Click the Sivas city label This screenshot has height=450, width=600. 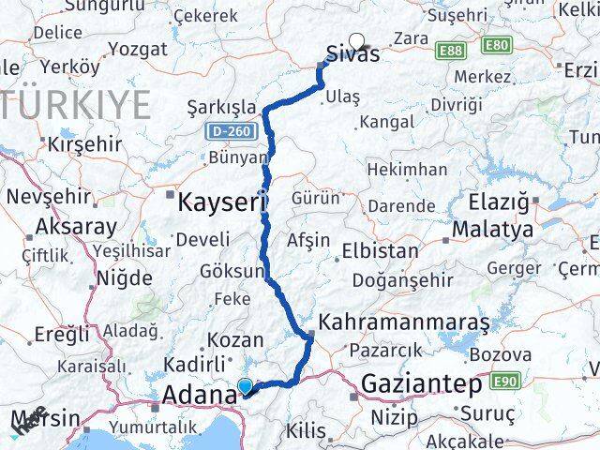[354, 53]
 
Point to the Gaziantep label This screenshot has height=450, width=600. [421, 384]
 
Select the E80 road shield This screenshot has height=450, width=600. [498, 45]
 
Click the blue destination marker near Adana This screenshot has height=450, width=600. [246, 385]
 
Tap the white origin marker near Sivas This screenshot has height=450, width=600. [356, 40]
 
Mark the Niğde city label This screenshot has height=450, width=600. [125, 277]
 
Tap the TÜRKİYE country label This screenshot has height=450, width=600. [75, 101]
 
